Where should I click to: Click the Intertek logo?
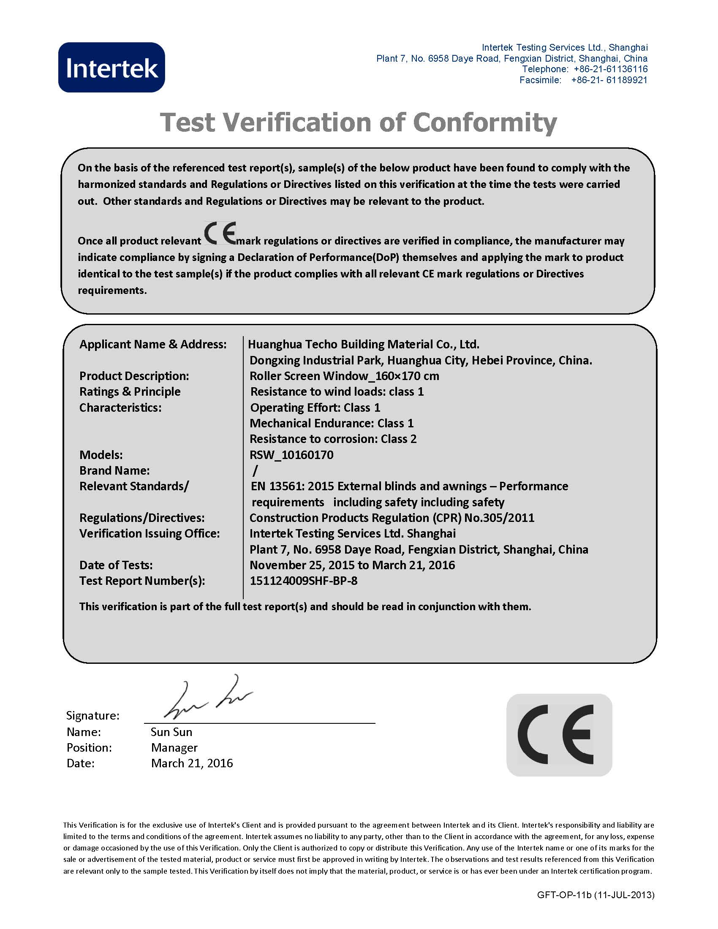112,67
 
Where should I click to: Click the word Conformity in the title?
484,122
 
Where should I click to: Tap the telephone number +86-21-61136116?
610,69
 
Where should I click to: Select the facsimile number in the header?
609,80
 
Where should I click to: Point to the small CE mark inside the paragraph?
220,233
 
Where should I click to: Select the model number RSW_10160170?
291,455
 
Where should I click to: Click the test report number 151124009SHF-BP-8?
303,581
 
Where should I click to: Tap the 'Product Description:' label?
134,376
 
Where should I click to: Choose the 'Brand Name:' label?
114,470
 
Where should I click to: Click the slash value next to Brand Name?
255,470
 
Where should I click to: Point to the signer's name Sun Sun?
171,732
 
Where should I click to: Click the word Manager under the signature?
174,748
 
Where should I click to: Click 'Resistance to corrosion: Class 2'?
333,439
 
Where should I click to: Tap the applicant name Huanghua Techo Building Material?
364,344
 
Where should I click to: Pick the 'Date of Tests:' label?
116,565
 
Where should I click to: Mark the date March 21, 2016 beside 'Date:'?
192,763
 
